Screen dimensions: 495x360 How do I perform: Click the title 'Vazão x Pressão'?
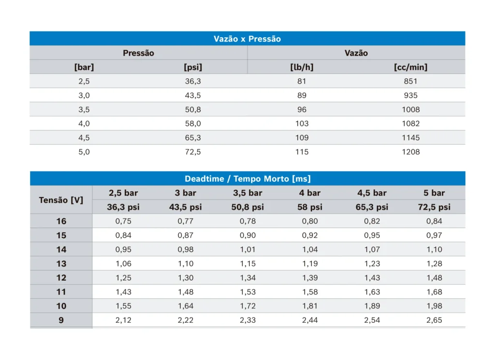pos(247,39)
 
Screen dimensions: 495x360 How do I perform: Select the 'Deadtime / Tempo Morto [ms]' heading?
pos(247,179)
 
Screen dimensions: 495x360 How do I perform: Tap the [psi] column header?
pos(193,67)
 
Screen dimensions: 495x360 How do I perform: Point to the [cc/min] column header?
pos(410,67)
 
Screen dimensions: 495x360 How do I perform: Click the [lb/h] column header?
pos(302,67)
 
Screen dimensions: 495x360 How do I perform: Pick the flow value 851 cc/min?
pos(410,81)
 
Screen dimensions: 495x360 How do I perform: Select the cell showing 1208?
pos(411,152)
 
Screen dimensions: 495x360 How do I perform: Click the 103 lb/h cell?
pos(302,124)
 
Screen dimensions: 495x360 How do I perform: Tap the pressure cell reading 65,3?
pos(193,138)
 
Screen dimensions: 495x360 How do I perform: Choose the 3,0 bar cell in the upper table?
pos(84,96)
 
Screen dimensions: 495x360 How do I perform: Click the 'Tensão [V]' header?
pos(61,200)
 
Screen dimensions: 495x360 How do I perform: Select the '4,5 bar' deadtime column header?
pos(372,193)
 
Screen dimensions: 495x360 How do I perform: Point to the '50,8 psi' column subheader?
pos(247,207)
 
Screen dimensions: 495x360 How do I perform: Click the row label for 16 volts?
pos(61,221)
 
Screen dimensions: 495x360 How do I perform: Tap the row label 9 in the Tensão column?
pos(61,320)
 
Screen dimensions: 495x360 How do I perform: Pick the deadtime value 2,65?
pos(434,320)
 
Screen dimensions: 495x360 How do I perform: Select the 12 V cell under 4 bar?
pos(310,278)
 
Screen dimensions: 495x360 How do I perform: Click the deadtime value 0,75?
pos(123,221)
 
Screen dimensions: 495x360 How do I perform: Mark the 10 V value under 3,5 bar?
pos(247,306)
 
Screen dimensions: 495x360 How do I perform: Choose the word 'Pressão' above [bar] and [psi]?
pos(138,53)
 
